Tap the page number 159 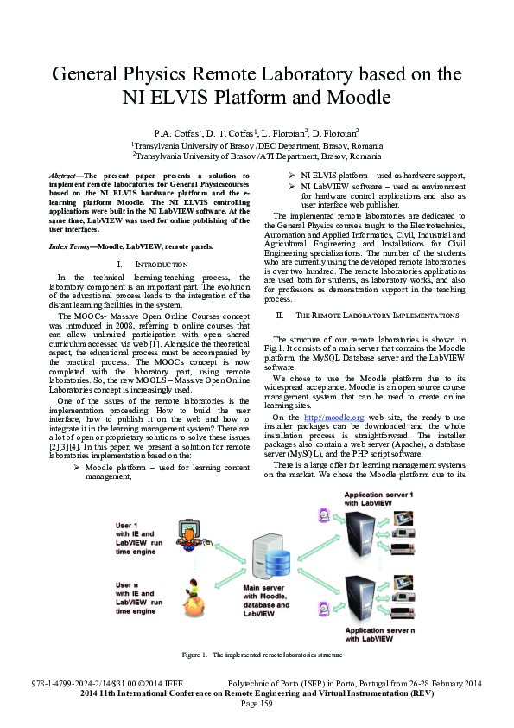[257, 704]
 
